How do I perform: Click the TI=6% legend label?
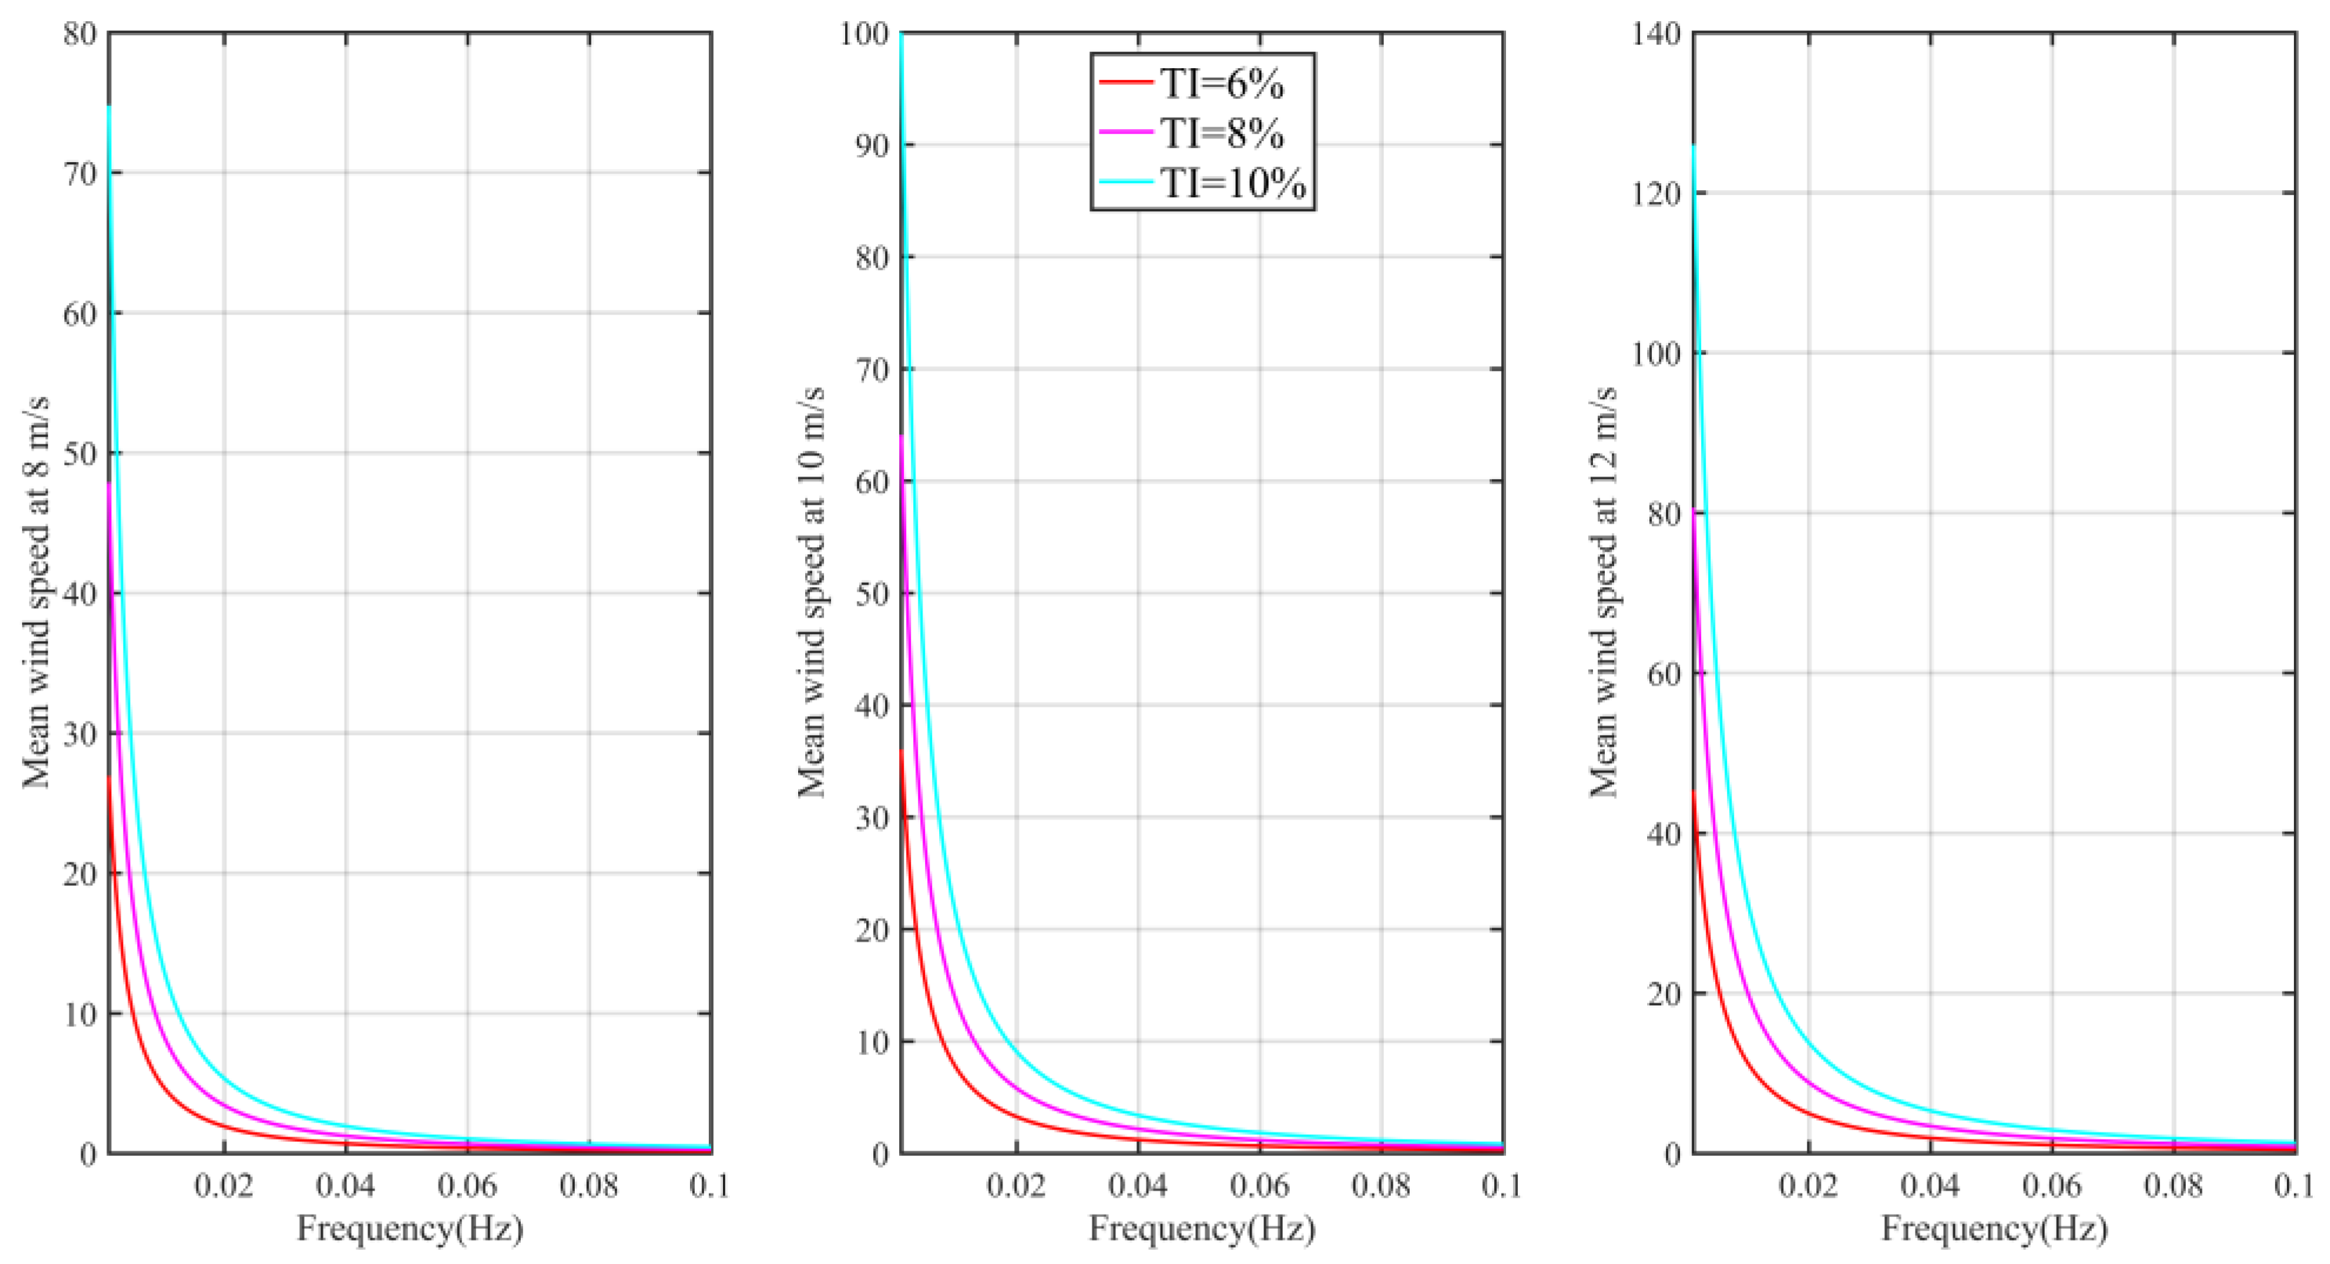[1221, 84]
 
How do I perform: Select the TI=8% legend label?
[1221, 134]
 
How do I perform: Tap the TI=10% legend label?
[1233, 184]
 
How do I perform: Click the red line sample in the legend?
[1126, 82]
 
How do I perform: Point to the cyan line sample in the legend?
[1126, 182]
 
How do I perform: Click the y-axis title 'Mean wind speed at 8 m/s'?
[36, 592]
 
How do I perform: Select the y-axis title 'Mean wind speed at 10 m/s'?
[811, 592]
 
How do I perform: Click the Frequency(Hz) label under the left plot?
[410, 1229]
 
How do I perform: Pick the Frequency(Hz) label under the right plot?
[1995, 1229]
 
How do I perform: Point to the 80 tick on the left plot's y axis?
[81, 34]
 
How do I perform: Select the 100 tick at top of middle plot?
[864, 34]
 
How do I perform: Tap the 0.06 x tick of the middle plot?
[1259, 1185]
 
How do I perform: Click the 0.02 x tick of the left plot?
[223, 1185]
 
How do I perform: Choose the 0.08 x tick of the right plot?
[2173, 1185]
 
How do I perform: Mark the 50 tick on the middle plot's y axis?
[872, 594]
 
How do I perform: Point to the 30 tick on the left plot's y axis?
[81, 734]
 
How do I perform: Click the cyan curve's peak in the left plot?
[110, 107]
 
